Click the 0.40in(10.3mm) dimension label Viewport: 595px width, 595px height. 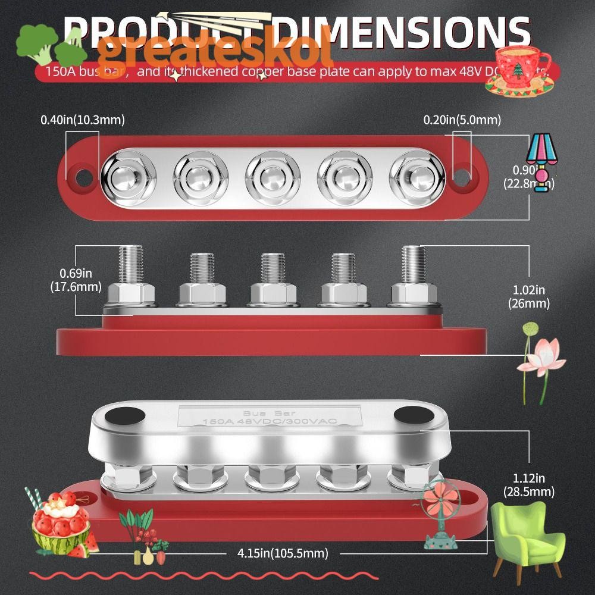coord(82,120)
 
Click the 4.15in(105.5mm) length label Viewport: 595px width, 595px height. coord(279,553)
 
